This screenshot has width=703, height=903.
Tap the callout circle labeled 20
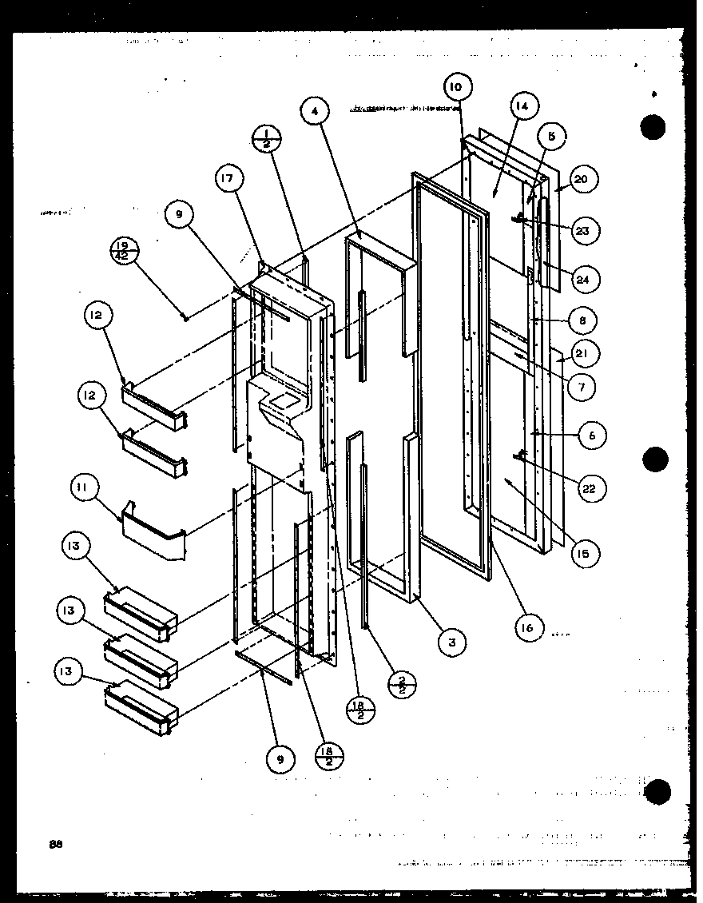pyautogui.click(x=581, y=180)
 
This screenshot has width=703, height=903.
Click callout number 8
pyautogui.click(x=582, y=320)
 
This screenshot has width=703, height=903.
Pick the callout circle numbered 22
pyautogui.click(x=590, y=489)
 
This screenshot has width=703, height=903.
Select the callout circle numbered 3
pyautogui.click(x=451, y=642)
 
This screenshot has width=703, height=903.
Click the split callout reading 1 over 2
pyautogui.click(x=264, y=139)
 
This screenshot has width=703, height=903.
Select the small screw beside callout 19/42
pyautogui.click(x=185, y=318)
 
